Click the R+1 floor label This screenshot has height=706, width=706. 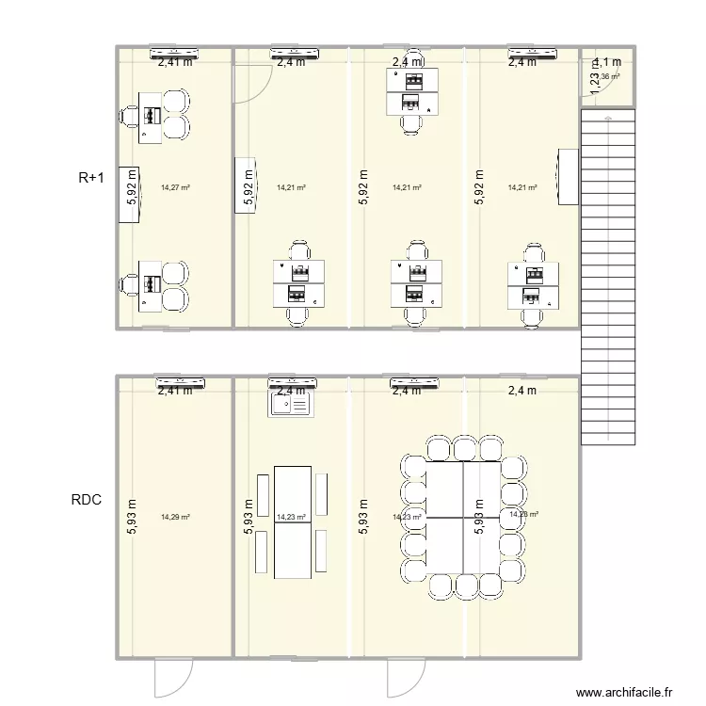point(91,175)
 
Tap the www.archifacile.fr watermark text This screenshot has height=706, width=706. point(626,692)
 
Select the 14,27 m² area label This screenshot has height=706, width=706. point(175,187)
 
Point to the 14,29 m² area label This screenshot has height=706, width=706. point(175,517)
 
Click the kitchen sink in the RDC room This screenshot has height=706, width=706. point(290,405)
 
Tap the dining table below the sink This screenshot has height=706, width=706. point(292,522)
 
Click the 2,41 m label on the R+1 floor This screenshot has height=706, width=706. point(175,63)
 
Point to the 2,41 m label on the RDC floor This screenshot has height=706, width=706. point(175,390)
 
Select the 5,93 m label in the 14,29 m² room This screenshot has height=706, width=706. point(132,517)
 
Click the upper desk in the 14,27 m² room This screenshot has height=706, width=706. point(152,117)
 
